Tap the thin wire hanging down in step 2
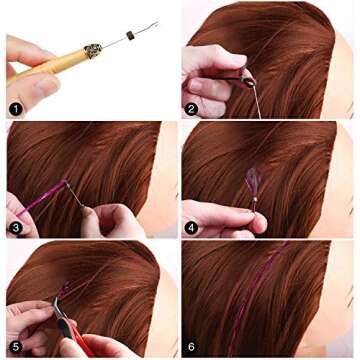click(x=257, y=100)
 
